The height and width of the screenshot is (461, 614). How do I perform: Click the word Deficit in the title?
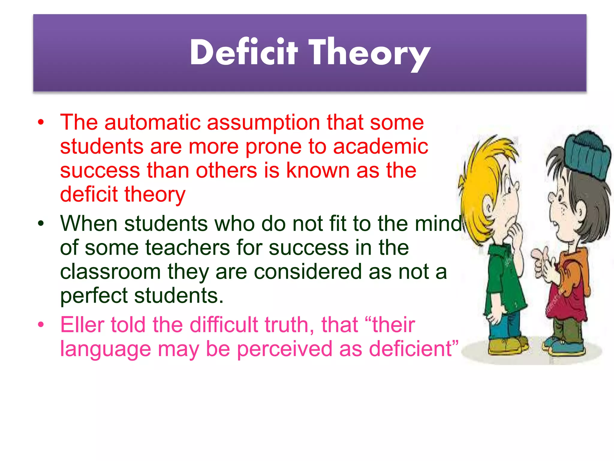[x=243, y=53]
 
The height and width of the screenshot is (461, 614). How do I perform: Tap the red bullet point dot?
[x=41, y=122]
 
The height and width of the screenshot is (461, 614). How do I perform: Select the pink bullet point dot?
[x=41, y=325]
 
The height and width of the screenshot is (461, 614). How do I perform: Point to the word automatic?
[x=152, y=122]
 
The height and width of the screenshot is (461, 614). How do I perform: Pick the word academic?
[x=380, y=146]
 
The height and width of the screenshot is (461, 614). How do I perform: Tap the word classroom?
[x=110, y=272]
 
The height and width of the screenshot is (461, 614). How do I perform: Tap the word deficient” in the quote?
[x=414, y=349]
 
